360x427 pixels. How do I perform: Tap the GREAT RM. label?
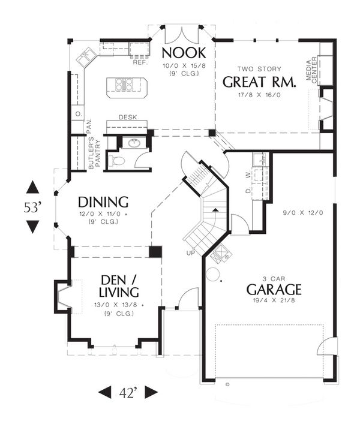pyautogui.click(x=258, y=82)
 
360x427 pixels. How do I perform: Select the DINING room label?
pyautogui.click(x=104, y=202)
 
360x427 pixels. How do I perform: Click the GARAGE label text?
pyautogui.click(x=274, y=290)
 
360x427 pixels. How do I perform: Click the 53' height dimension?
pyautogui.click(x=33, y=208)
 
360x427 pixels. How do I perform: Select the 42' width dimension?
pyautogui.click(x=128, y=392)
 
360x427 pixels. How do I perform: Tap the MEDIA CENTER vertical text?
pyautogui.click(x=312, y=70)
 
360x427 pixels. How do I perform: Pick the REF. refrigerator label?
pyautogui.click(x=140, y=62)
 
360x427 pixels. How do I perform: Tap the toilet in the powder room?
pyautogui.click(x=116, y=161)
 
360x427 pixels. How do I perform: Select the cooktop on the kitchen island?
pyautogui.click(x=125, y=85)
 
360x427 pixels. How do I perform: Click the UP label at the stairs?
pyautogui.click(x=191, y=252)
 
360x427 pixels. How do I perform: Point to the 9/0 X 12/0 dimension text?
pyautogui.click(x=296, y=213)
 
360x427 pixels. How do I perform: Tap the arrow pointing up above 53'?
pyautogui.click(x=33, y=188)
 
